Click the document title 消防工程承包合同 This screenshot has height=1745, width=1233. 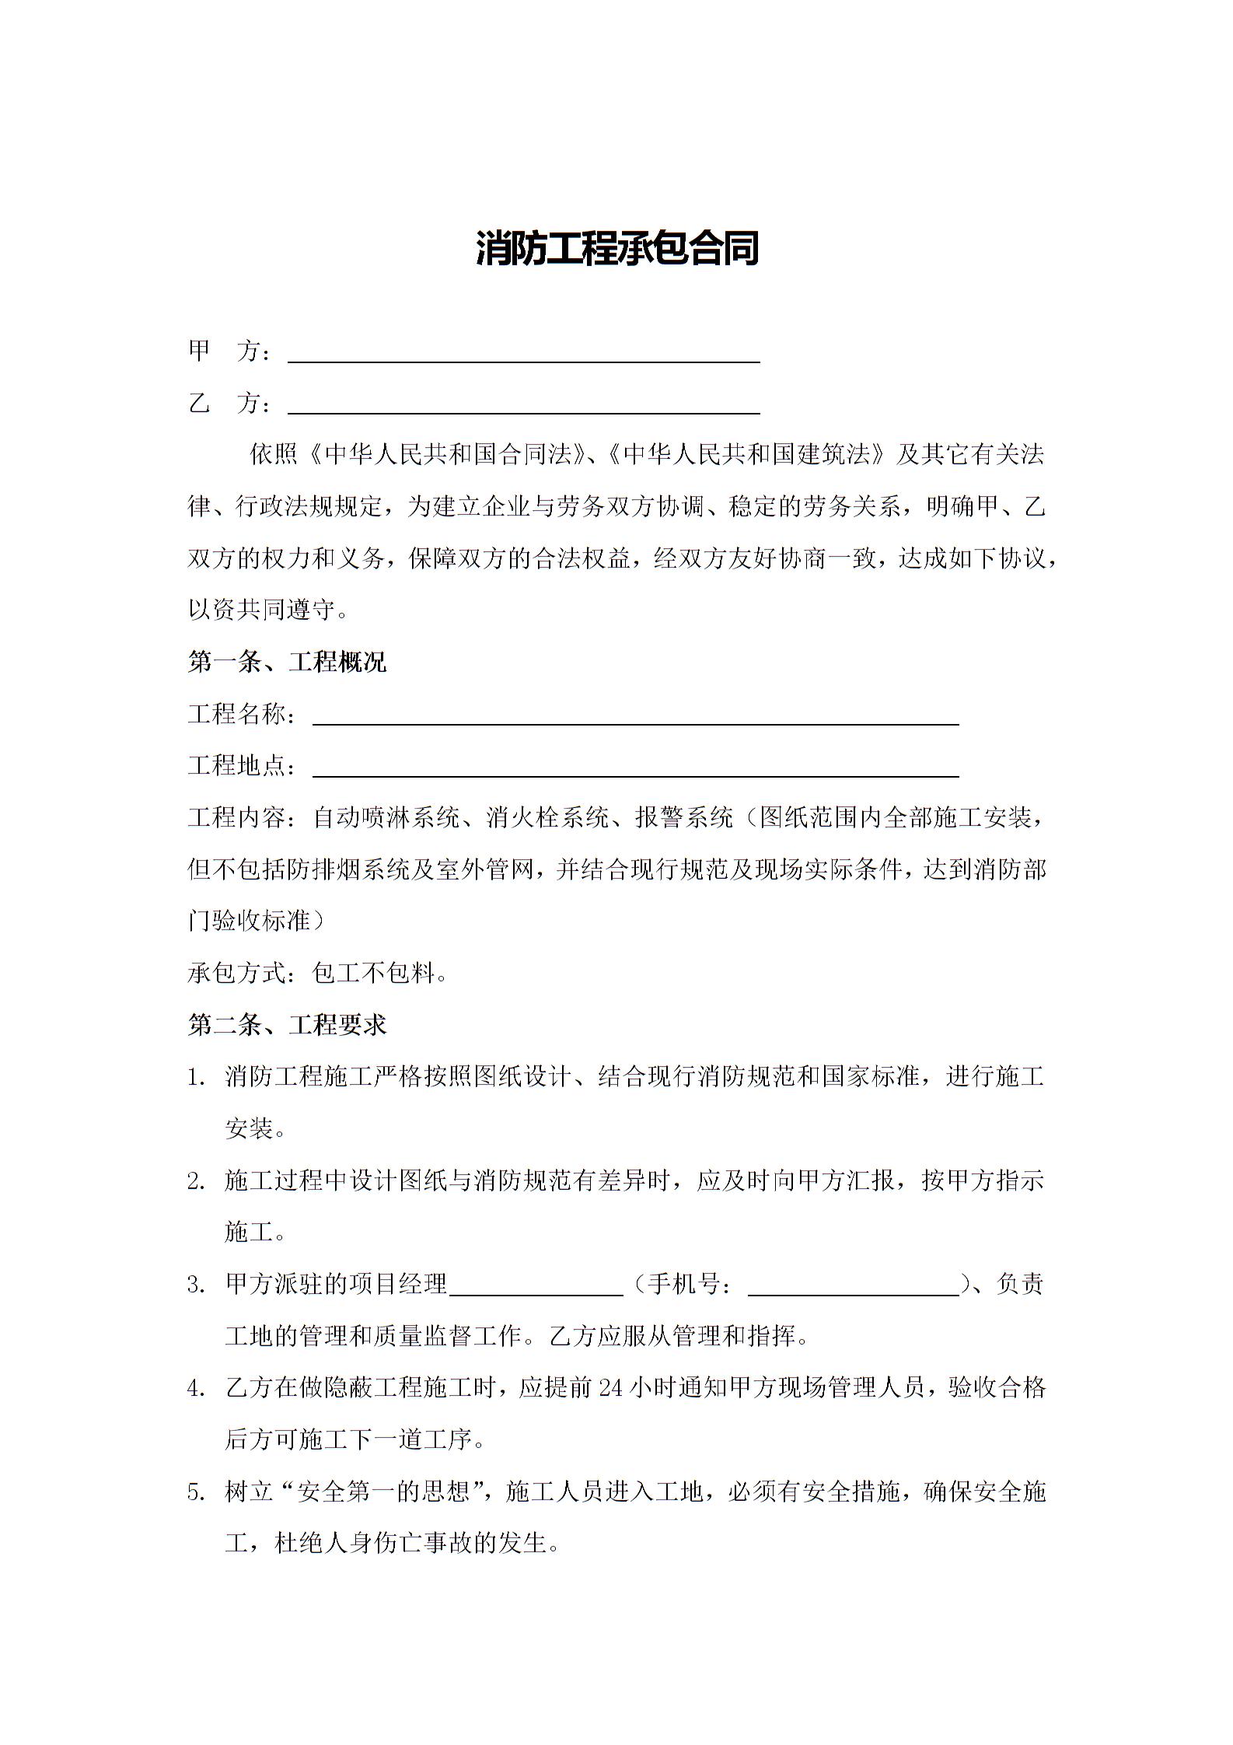616,249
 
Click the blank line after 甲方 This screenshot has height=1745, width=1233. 523,355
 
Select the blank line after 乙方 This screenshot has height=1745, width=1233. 523,406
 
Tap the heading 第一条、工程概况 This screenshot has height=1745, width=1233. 287,663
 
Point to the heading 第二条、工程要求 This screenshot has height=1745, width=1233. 287,1025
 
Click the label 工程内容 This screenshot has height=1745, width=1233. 237,818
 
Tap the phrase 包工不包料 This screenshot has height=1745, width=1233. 373,974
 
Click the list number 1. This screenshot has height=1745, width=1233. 196,1078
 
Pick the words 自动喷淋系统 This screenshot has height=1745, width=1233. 386,818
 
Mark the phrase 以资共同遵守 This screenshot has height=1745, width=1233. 262,610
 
